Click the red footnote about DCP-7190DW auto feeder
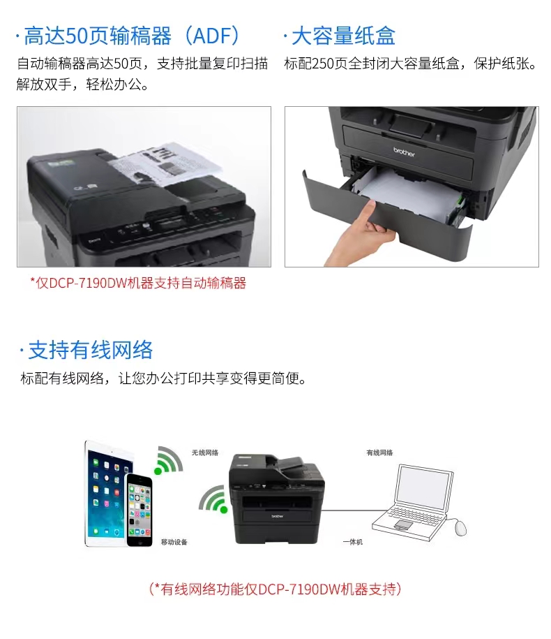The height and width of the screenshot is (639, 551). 138,283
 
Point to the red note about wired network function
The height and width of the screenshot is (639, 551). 275,589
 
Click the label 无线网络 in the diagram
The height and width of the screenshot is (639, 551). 205,453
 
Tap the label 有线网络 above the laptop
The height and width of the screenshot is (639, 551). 379,453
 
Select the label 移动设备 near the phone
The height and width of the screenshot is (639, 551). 174,542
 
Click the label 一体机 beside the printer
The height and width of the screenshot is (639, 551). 352,542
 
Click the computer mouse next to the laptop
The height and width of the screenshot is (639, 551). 460,528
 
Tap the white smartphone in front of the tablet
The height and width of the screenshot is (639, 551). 139,509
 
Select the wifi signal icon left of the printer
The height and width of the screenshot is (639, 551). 213,499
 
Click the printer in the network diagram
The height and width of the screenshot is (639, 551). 277,499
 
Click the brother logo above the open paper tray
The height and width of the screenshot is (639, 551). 404,152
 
